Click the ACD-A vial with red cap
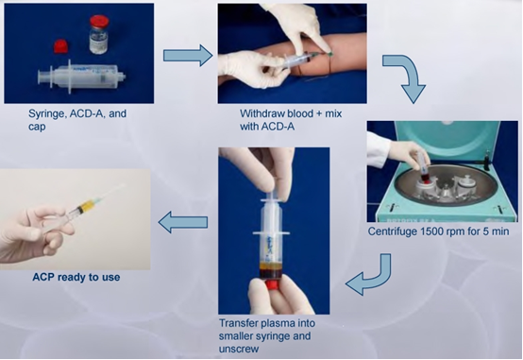(x=99, y=34)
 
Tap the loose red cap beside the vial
(x=61, y=46)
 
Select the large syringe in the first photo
(x=82, y=77)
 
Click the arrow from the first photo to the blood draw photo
(x=188, y=56)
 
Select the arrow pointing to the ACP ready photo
(x=183, y=222)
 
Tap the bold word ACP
(x=43, y=277)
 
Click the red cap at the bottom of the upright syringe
(x=274, y=285)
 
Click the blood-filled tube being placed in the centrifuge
(x=423, y=168)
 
